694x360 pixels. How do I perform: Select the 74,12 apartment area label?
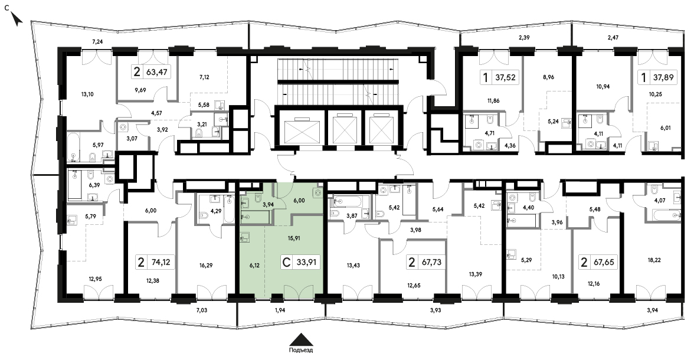click(x=160, y=262)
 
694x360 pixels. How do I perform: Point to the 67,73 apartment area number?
click(x=431, y=262)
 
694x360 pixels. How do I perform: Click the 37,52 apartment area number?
click(x=505, y=77)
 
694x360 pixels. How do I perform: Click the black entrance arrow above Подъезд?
click(x=302, y=339)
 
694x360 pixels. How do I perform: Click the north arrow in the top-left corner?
click(x=17, y=19)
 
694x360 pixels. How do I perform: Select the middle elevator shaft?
click(x=344, y=129)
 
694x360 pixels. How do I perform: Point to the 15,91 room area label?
click(x=294, y=238)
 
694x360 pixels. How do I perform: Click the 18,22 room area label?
click(x=654, y=260)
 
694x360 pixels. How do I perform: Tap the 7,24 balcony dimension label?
click(x=97, y=42)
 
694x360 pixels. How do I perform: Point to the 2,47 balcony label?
click(x=613, y=38)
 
